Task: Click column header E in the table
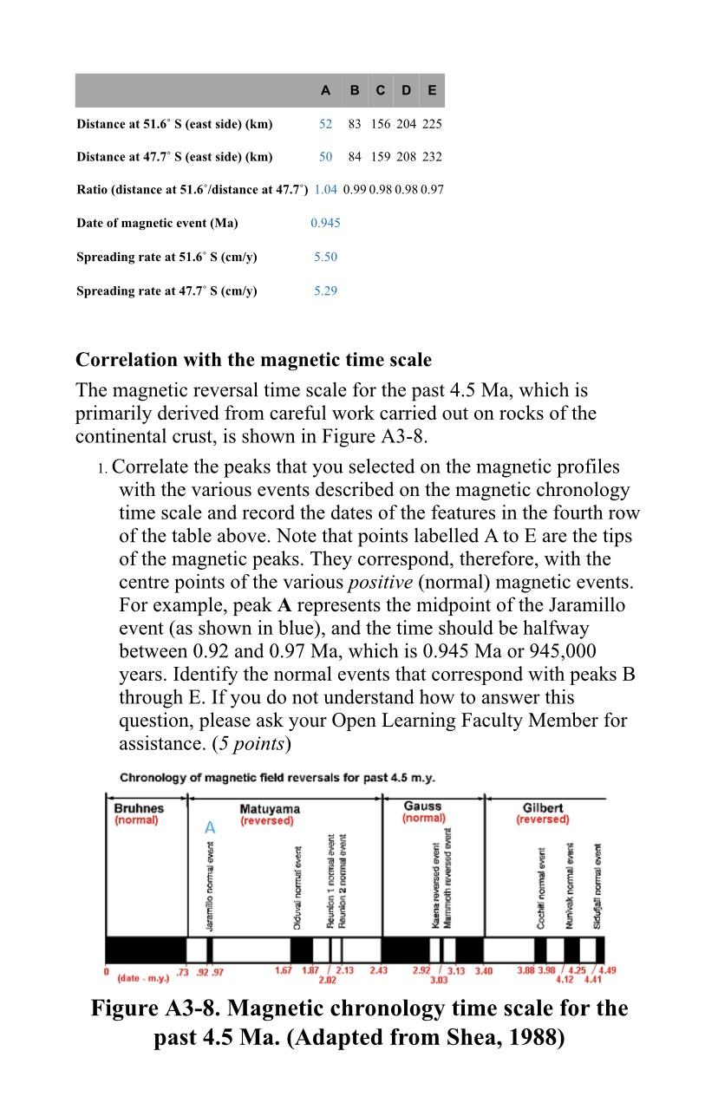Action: [432, 90]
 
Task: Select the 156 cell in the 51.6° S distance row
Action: [381, 124]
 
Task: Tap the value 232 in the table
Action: [432, 157]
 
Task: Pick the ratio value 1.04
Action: [325, 189]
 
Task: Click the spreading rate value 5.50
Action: [325, 257]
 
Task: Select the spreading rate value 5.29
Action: [325, 290]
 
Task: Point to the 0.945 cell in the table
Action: [325, 223]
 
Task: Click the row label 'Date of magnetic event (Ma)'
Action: [157, 223]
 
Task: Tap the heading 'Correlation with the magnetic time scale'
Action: [253, 360]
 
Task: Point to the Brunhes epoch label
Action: [139, 808]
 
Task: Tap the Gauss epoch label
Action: [422, 806]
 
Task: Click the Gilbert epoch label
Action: [544, 808]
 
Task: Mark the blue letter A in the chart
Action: [209, 829]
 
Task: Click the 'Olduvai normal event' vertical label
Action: [297, 888]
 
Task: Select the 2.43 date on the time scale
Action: [378, 970]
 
